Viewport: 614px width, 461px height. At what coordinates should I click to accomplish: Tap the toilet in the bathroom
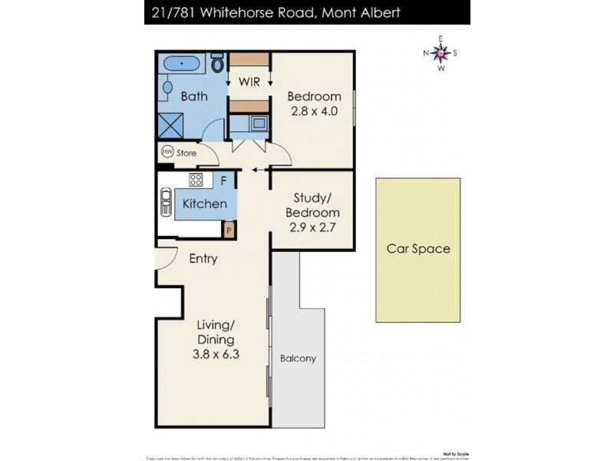coord(218,64)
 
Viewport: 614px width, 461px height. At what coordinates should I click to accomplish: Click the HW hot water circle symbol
coord(167,152)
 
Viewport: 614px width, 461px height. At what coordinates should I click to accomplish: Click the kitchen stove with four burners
coord(196,181)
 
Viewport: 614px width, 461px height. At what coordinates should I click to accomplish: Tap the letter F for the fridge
coord(223,181)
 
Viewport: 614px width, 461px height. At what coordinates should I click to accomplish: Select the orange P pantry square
coord(229,228)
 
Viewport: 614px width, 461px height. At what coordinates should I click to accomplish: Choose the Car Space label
coord(418,249)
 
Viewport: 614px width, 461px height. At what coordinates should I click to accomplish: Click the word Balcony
coord(298,358)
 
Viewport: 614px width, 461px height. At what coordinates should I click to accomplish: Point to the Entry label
coord(203,259)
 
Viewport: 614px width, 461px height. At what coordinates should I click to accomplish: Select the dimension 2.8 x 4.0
coord(314,111)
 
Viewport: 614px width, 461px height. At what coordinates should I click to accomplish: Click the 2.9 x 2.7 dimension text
coord(312,227)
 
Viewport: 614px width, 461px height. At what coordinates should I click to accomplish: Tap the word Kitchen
coord(204,204)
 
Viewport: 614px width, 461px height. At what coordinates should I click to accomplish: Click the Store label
coord(187,153)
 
